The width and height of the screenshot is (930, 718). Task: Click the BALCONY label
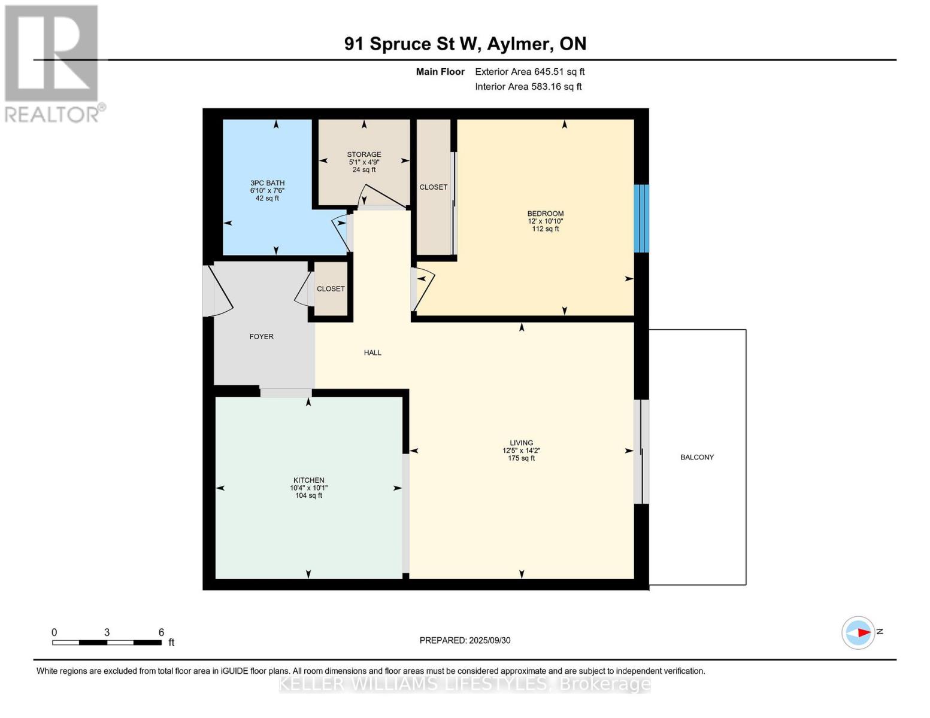(696, 457)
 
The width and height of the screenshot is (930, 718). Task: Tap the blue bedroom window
(641, 218)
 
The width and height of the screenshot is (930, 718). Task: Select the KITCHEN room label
(308, 480)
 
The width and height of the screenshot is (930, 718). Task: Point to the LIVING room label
(521, 443)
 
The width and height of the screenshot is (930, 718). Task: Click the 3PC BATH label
(268, 183)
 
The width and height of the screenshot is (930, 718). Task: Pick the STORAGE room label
(363, 154)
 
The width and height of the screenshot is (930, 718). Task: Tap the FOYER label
(262, 336)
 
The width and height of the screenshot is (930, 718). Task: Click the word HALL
(372, 352)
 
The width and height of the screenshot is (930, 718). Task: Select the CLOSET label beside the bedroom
(433, 187)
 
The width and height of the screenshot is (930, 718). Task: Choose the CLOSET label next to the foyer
(331, 288)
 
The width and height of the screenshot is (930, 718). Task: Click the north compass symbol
(858, 632)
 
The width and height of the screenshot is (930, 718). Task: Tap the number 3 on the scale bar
(107, 632)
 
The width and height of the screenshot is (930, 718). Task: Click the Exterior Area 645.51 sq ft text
(529, 72)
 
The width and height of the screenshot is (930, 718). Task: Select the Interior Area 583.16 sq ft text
(528, 87)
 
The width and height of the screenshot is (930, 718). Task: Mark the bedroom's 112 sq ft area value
(546, 229)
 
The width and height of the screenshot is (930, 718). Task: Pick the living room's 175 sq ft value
(521, 458)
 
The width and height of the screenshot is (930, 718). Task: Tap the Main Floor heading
(440, 72)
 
